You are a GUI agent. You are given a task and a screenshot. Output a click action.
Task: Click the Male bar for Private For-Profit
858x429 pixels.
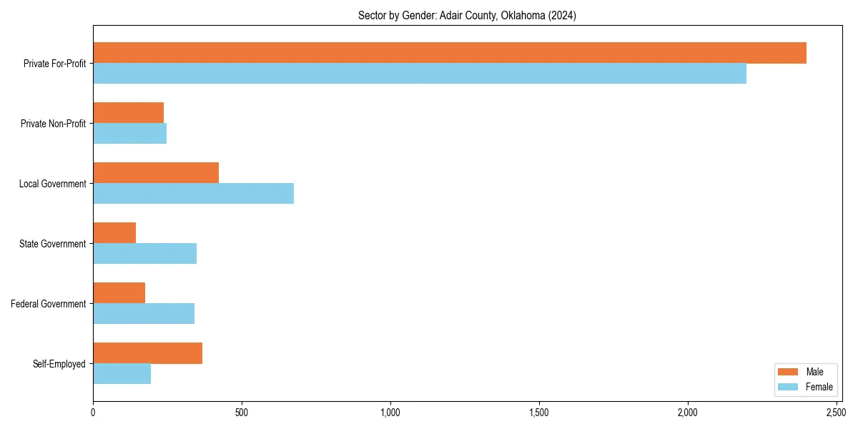point(450,53)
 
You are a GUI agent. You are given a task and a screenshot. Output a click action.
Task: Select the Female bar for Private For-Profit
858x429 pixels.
point(420,74)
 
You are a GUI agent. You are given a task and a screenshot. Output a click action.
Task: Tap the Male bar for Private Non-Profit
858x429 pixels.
point(129,113)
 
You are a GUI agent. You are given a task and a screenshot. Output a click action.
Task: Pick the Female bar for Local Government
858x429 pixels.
point(193,194)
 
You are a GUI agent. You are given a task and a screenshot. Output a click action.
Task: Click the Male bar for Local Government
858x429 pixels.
point(156,173)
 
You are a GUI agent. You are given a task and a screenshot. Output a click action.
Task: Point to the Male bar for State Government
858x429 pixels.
point(114,233)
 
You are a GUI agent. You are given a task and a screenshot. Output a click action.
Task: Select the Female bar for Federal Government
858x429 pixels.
point(144,314)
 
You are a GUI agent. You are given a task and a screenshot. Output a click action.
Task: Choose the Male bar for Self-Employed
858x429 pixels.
point(147,353)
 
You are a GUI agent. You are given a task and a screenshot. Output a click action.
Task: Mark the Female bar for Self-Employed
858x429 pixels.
point(122,374)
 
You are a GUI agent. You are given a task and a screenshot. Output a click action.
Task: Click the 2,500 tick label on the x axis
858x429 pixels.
point(836,413)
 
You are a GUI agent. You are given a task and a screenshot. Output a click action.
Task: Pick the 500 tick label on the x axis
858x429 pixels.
point(242,413)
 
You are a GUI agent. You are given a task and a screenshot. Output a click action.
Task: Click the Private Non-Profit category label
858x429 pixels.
point(53,124)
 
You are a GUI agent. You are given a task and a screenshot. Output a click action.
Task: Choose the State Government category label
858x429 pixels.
point(52,244)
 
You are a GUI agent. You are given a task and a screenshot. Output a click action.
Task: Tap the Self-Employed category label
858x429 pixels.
point(59,364)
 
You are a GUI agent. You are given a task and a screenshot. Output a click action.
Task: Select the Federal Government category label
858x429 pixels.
point(49,304)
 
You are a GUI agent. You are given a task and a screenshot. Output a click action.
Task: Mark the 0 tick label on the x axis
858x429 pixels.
point(93,413)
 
